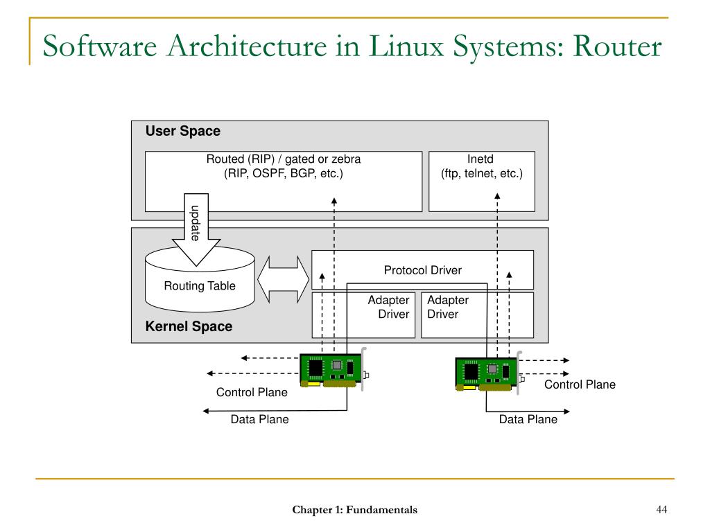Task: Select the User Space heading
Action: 182,132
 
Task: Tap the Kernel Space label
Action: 189,326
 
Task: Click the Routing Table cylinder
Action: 199,285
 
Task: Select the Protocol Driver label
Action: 422,270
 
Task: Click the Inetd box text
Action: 481,166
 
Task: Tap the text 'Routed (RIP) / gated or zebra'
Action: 283,159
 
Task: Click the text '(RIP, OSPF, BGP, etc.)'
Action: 283,174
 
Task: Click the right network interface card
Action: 487,373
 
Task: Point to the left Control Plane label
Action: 252,393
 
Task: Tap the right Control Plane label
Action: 580,384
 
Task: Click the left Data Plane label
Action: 259,419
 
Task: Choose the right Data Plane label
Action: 528,419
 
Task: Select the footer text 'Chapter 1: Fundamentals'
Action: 354,511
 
